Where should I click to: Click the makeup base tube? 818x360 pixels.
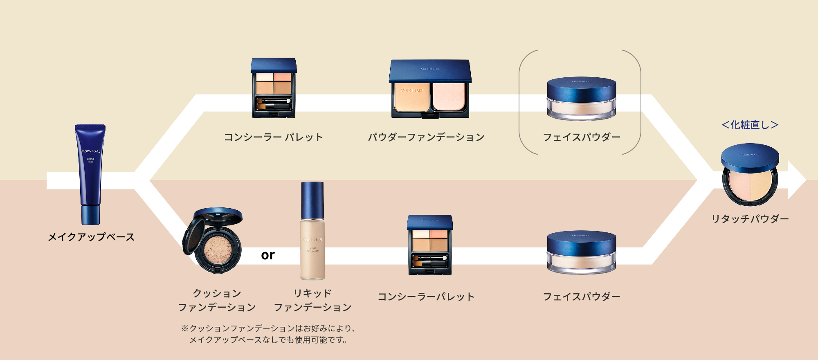[90, 174]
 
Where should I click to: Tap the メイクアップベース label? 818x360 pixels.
[91, 237]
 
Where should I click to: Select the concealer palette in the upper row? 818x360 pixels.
[274, 88]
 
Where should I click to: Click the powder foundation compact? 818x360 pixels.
[430, 89]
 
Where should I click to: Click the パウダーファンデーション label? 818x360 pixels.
[426, 137]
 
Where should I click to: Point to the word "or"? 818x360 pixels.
[268, 255]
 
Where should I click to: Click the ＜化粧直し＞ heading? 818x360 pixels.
[750, 125]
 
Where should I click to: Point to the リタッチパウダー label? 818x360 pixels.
[750, 219]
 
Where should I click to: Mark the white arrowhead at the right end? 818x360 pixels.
[796, 180]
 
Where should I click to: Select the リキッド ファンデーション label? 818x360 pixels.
[312, 300]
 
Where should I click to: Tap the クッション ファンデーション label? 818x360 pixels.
[217, 300]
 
